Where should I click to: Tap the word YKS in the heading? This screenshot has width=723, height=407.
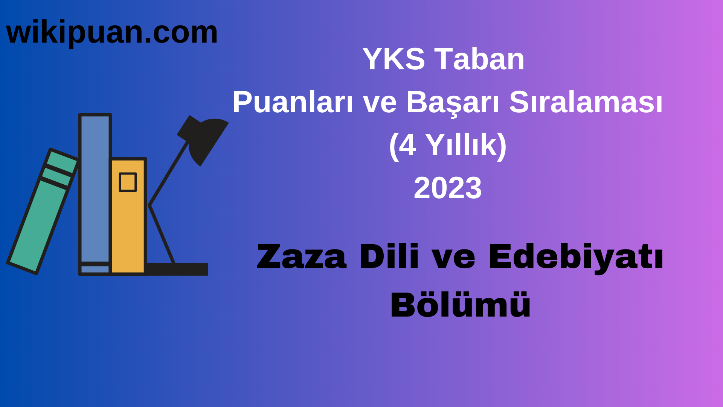tap(394, 59)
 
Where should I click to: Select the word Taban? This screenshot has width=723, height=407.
tap(479, 59)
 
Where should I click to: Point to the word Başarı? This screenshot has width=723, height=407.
tap(453, 102)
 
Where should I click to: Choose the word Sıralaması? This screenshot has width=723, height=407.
tap(586, 102)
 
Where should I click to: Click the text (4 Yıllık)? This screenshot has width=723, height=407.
tap(448, 145)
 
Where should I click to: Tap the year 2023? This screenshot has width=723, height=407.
tap(448, 188)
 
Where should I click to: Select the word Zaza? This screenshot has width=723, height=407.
tap(301, 257)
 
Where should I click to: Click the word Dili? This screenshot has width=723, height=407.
tap(389, 257)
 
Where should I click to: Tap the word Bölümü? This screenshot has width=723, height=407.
tap(460, 305)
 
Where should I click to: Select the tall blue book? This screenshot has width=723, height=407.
tap(95, 188)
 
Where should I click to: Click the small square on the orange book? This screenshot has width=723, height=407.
tap(128, 182)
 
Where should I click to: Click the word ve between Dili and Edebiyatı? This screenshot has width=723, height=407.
tap(453, 257)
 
